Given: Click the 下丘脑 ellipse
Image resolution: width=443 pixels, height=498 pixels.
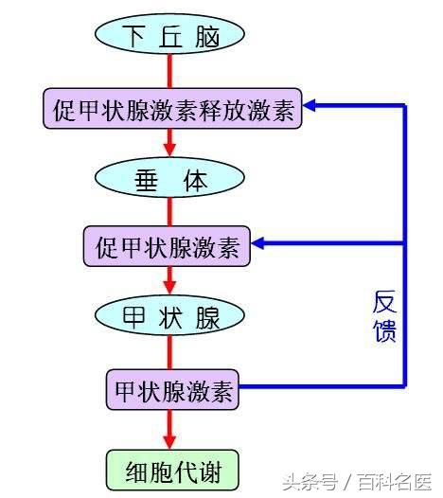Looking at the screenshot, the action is click(x=169, y=34).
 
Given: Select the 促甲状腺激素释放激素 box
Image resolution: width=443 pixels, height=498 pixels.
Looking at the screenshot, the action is click(x=172, y=109).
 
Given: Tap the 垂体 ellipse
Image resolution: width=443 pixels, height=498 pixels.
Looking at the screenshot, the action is click(x=169, y=178).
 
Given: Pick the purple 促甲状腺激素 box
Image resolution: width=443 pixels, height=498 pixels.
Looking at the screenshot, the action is click(x=167, y=246).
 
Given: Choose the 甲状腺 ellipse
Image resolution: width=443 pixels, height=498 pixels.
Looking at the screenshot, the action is click(x=169, y=315).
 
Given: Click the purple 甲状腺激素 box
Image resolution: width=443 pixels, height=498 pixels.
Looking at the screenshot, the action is click(x=172, y=389).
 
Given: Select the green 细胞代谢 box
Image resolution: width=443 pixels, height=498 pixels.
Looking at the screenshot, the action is click(x=172, y=470).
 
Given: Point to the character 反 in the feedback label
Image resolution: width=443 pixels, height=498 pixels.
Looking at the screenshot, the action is click(x=384, y=302).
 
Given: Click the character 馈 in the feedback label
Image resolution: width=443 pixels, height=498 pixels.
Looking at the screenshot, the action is click(x=384, y=330).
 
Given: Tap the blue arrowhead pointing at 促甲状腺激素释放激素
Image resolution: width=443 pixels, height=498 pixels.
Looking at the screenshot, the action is click(x=309, y=105).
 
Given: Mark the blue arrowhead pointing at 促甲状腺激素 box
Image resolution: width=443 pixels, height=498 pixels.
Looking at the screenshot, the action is click(x=257, y=243).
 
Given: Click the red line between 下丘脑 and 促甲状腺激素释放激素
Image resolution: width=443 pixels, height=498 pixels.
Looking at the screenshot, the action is click(x=169, y=71).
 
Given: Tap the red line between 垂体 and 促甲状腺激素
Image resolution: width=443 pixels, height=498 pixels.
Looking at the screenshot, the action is click(x=169, y=212).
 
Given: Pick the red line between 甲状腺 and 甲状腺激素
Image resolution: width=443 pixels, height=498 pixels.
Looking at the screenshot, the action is click(x=169, y=352).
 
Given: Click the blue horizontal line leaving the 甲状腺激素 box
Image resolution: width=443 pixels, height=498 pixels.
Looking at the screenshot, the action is click(x=322, y=386).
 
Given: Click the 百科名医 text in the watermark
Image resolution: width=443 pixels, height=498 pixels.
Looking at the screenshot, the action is click(x=395, y=482).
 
